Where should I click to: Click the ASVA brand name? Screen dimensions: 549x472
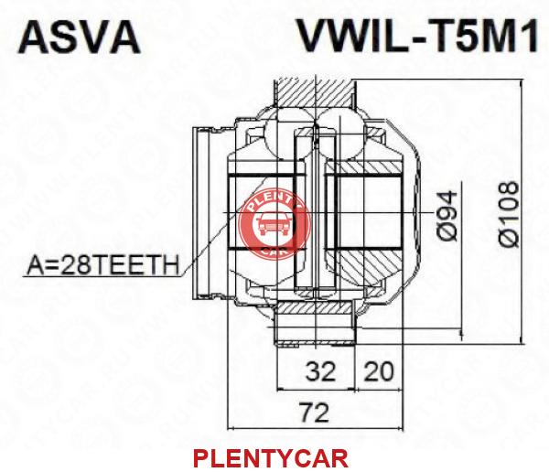[79, 37]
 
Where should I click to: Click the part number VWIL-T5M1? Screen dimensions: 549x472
[417, 35]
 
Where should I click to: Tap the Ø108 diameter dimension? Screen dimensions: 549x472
[509, 214]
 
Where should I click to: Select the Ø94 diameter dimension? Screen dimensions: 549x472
[447, 216]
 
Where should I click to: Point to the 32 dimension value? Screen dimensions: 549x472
[321, 371]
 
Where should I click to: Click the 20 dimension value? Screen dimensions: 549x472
[379, 371]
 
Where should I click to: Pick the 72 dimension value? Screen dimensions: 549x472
[315, 413]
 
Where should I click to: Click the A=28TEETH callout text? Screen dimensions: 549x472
[102, 265]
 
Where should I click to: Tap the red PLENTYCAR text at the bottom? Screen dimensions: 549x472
[271, 458]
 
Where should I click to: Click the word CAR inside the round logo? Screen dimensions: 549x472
[274, 251]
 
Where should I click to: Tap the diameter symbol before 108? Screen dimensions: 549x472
[509, 238]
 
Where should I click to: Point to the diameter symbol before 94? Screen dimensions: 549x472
[447, 232]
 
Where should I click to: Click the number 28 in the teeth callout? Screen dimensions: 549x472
[72, 265]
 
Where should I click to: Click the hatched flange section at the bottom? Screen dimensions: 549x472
[314, 307]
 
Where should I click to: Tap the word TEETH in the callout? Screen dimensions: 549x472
[132, 265]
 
